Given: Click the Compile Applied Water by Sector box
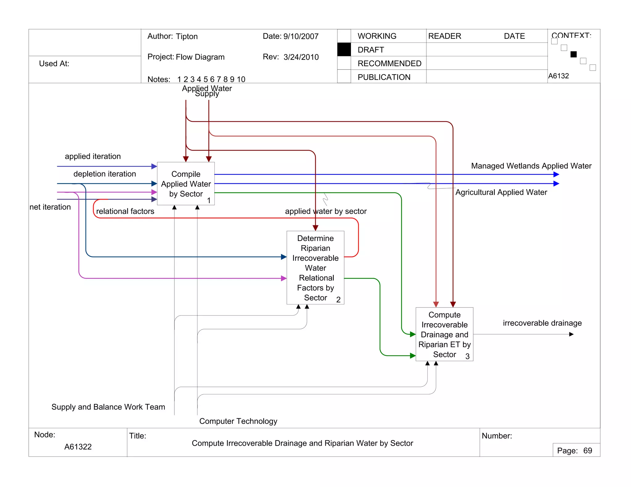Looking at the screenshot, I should click(186, 184).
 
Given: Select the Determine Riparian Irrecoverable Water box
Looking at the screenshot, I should click(315, 268).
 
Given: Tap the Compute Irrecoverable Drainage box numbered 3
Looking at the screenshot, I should click(444, 334).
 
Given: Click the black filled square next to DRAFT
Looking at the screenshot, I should click(344, 50).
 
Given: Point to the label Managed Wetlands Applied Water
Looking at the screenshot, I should click(531, 166).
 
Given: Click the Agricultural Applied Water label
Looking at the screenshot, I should click(501, 192).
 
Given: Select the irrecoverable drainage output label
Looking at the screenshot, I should click(542, 323).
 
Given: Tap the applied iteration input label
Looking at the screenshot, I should click(93, 156).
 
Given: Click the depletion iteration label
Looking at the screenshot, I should click(104, 174).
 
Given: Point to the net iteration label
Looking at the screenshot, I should click(50, 207).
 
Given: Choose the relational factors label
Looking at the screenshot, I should click(125, 211).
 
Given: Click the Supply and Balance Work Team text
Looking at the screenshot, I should click(108, 407).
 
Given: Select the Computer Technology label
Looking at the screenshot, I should click(238, 421).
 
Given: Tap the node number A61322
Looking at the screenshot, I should click(78, 447).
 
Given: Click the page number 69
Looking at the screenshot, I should click(588, 451).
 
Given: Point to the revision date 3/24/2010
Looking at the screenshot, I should click(301, 57).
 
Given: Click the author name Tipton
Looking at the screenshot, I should click(187, 37).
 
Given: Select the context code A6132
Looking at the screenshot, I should click(558, 76).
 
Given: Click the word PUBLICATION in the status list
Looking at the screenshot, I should click(384, 77).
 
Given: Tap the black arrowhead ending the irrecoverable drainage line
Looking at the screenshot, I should click(571, 334).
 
